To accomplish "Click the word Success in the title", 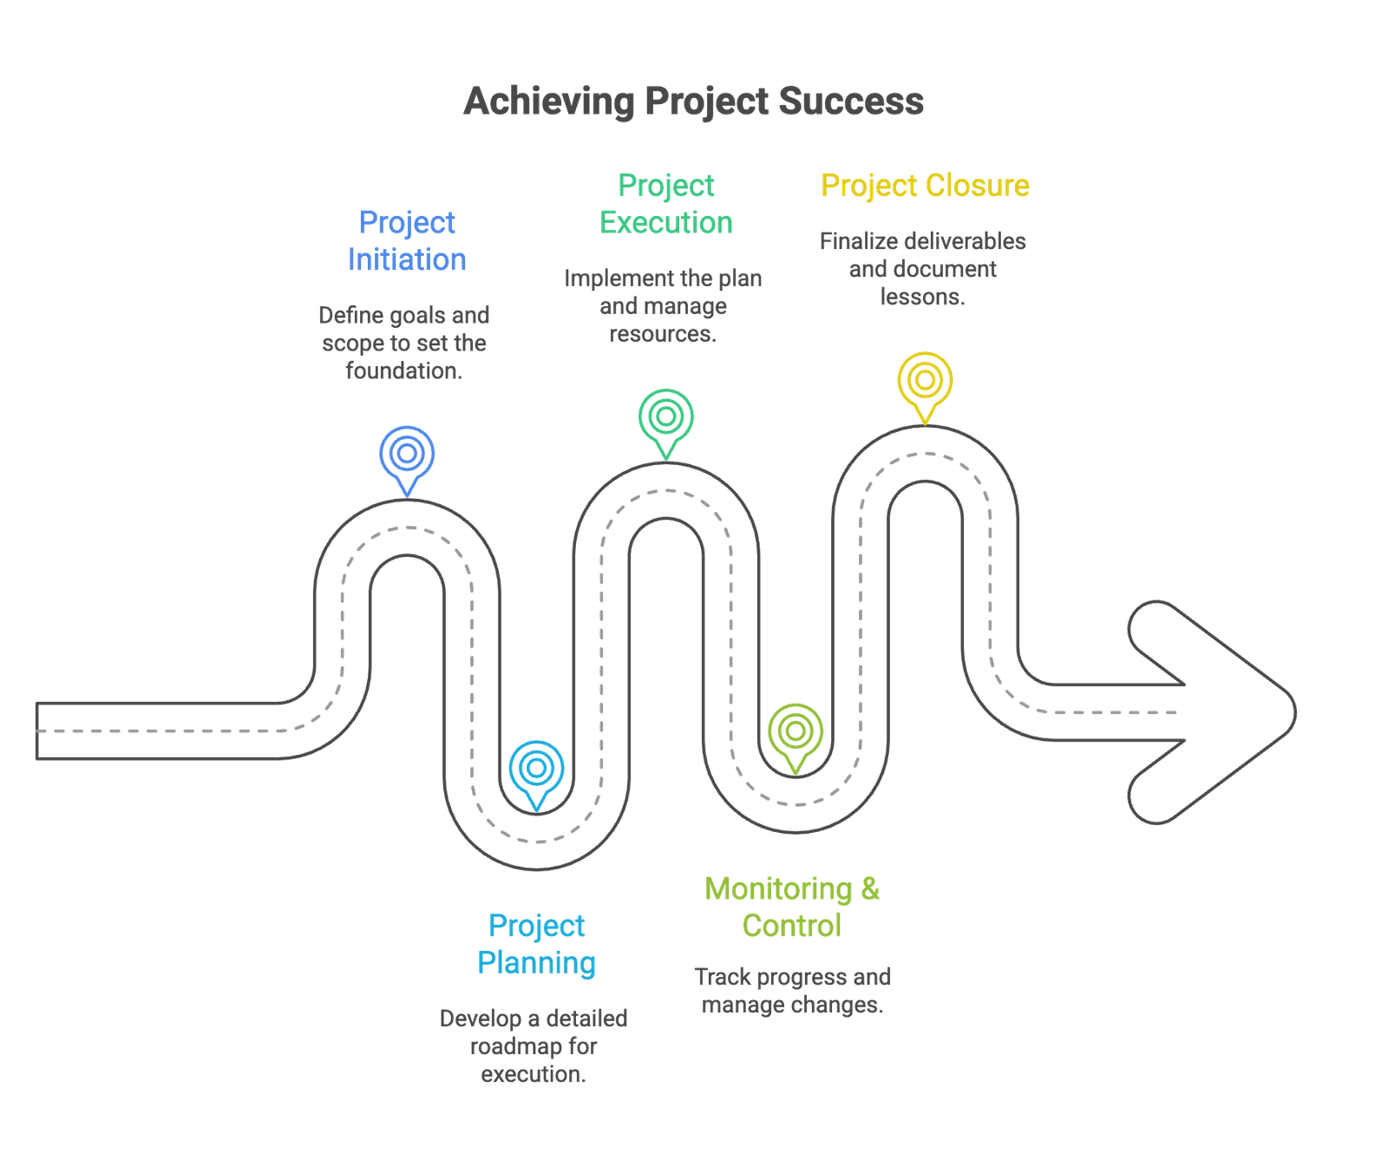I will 850,102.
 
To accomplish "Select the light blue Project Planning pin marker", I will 537,769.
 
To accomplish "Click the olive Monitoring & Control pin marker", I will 795,731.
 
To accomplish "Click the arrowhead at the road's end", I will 1214,711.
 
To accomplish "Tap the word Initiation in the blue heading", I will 407,259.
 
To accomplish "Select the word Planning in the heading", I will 537,963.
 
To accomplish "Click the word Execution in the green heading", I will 666,223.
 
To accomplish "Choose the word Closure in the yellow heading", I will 978,186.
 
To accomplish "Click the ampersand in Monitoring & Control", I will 870,889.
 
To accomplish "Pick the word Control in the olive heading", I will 791,926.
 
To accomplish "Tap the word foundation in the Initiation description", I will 403,371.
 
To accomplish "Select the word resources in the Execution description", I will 662,334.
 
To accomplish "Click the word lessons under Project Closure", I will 921,297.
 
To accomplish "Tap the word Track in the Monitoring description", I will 723,978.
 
